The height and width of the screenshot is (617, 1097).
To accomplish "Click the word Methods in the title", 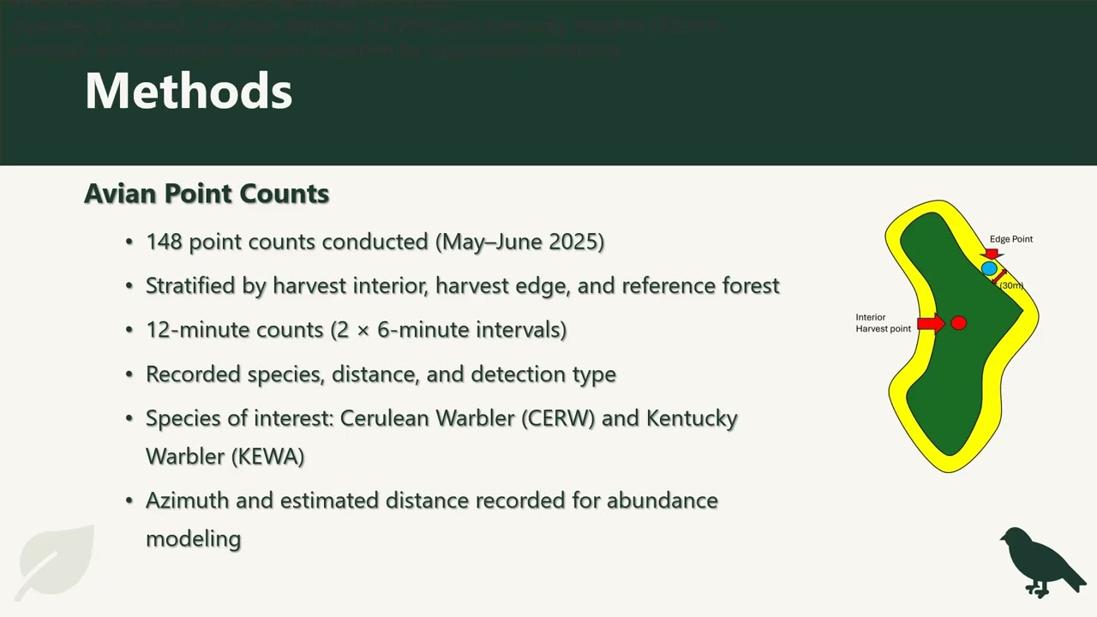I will coord(189,91).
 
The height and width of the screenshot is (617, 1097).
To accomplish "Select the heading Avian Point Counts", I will coord(207,194).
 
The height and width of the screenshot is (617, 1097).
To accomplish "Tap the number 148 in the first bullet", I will coord(164,242).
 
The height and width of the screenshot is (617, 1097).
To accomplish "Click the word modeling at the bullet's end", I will coord(194,539).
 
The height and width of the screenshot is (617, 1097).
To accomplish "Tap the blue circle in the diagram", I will coord(989,269).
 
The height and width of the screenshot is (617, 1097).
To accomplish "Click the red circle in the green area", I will coord(959,323).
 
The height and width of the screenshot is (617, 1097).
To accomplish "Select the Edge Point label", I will coord(1011,239).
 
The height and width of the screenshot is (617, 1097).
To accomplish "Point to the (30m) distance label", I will coord(1012,285).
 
